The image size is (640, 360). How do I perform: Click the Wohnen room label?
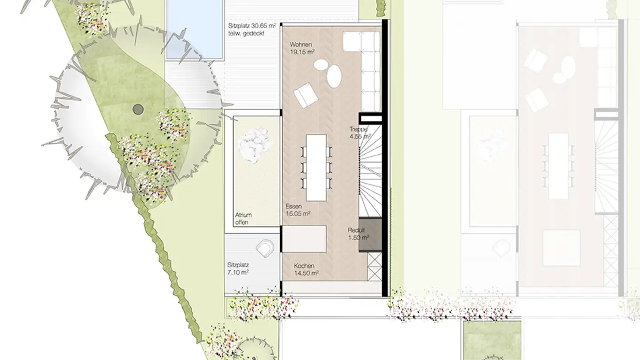point(300,44)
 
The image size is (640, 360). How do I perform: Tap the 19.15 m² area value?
point(302,52)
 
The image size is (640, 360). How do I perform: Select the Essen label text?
point(294,206)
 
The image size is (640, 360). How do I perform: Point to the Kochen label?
point(304,266)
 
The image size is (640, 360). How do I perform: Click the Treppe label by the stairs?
point(358,129)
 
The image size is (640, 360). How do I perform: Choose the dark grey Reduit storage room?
point(370,235)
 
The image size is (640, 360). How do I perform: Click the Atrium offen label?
point(243,219)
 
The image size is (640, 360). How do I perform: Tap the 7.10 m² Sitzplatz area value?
point(238,272)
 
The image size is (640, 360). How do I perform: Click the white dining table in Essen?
point(316,168)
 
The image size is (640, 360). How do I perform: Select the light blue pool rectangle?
point(194,29)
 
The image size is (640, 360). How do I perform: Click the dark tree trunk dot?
point(138,109)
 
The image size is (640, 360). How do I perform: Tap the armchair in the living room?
point(306,95)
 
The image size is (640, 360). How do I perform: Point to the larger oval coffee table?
point(334,76)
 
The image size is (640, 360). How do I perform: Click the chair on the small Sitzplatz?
point(265,248)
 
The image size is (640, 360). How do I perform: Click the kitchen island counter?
point(304,239)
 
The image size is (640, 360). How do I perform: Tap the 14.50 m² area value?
point(307,273)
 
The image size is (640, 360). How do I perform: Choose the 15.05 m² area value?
point(298,214)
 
